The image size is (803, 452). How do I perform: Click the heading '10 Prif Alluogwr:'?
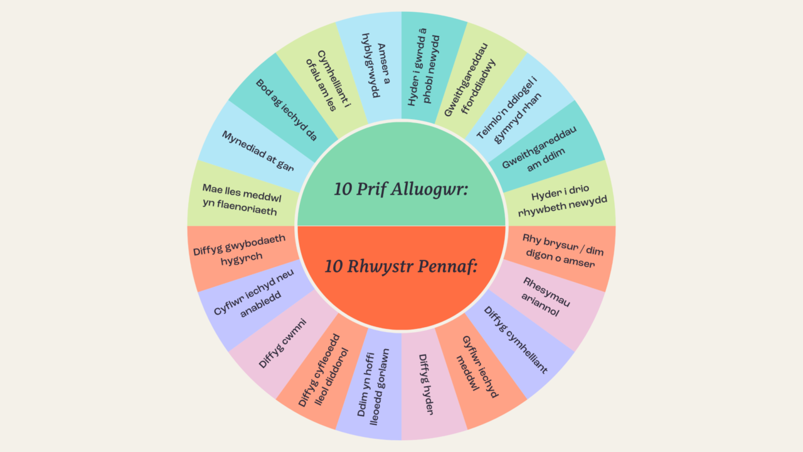(401, 189)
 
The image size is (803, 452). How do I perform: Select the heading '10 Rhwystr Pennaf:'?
(401, 266)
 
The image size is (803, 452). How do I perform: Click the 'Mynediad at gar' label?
(257, 151)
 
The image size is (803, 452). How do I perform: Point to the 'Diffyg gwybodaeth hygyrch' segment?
(240, 249)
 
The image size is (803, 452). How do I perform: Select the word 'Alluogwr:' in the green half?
(436, 189)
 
